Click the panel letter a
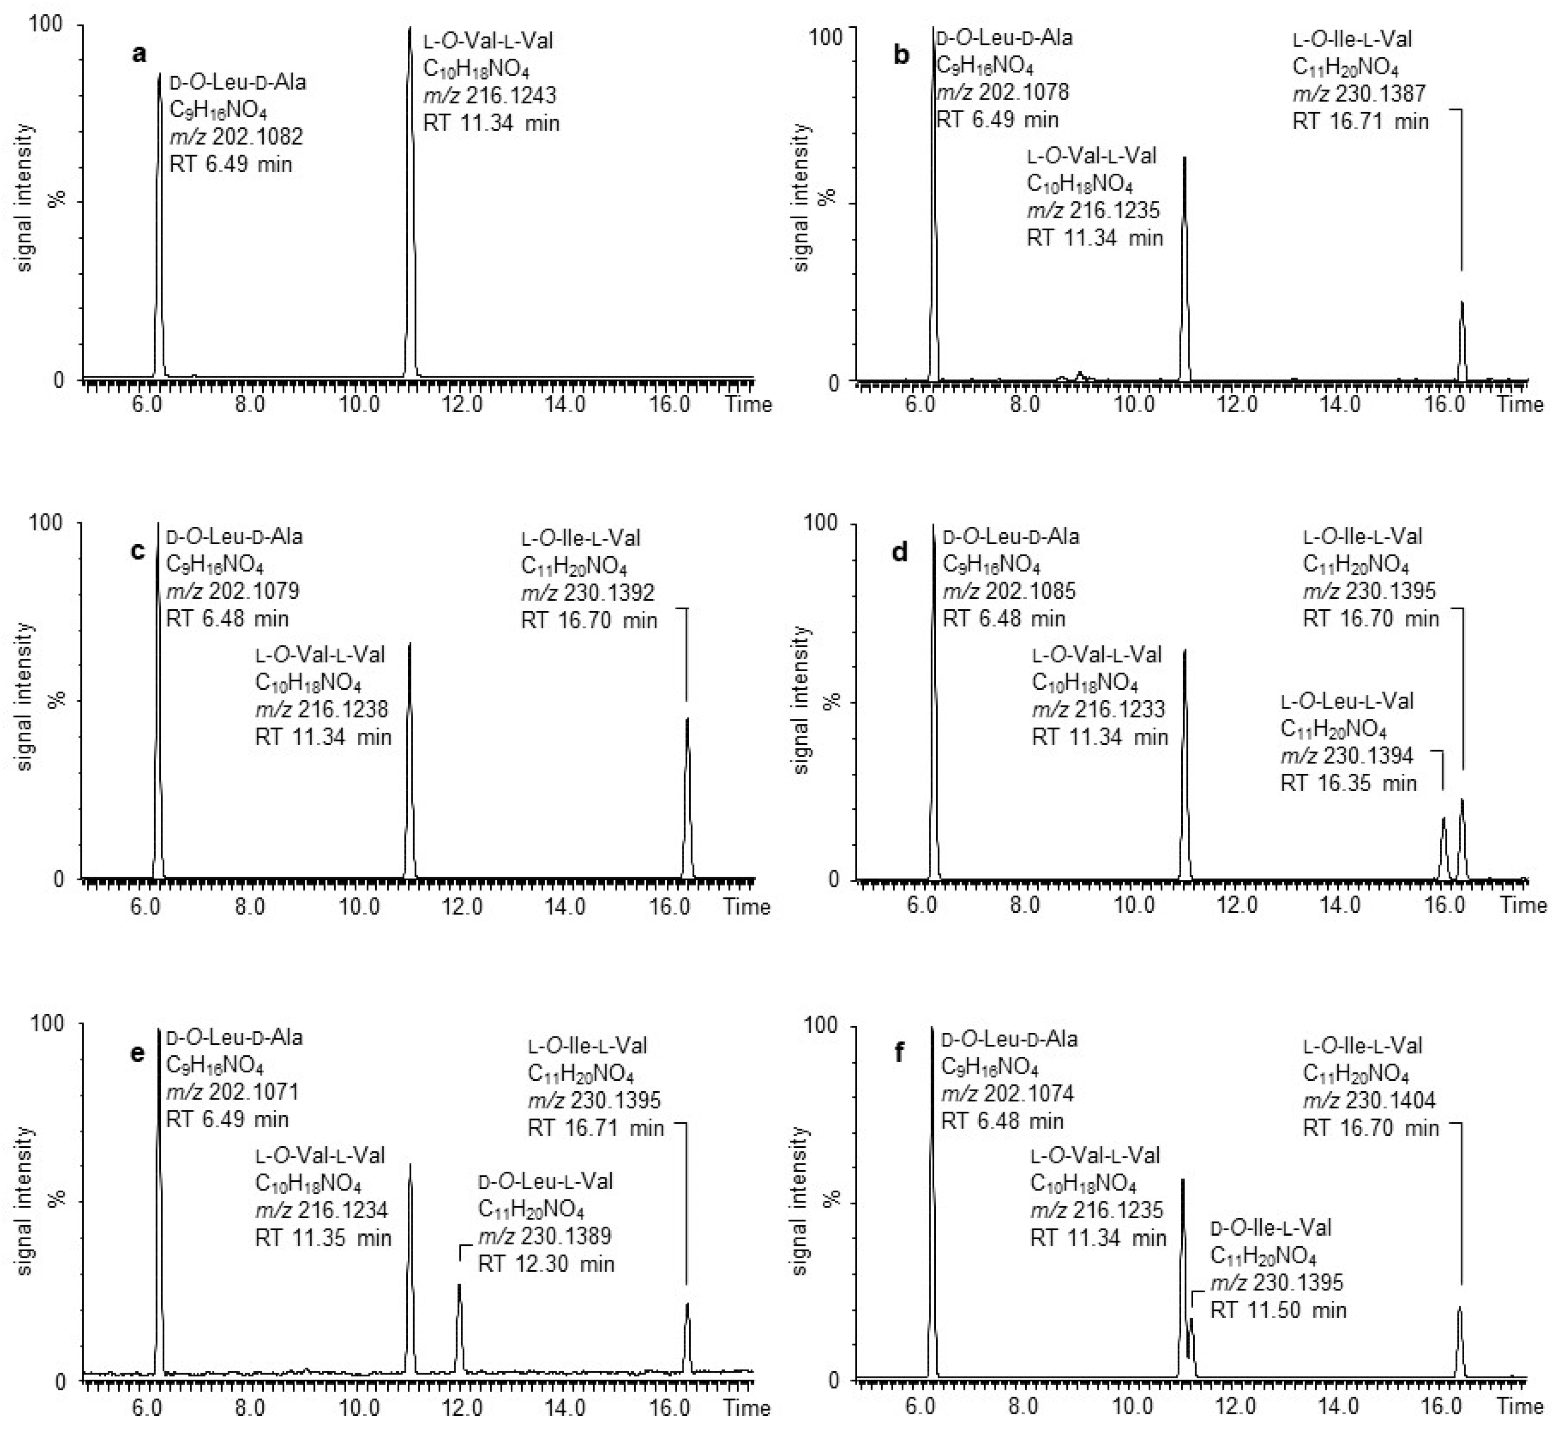click(x=140, y=54)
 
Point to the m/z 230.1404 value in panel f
click(x=1369, y=1099)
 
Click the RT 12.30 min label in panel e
click(x=546, y=1264)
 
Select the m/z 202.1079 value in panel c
click(x=233, y=592)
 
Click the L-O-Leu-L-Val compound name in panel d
click(x=1347, y=701)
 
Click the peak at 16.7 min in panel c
click(x=687, y=799)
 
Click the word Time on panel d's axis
click(x=1523, y=905)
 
